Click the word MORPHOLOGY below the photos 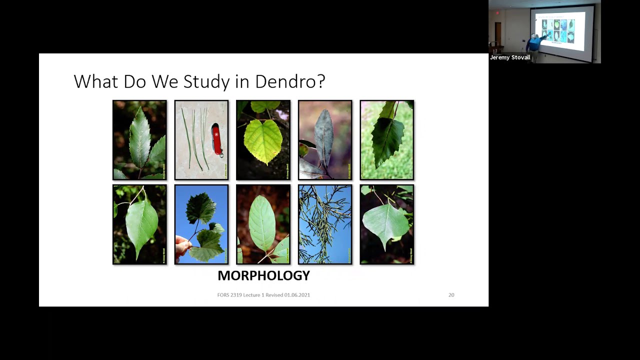[x=263, y=275]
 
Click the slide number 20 [x=451, y=295]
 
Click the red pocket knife [x=216, y=139]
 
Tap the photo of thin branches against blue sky [x=325, y=224]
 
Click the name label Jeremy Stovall [x=510, y=57]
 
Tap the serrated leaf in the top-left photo [x=139, y=137]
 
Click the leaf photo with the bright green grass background [x=386, y=140]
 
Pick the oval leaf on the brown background [x=262, y=223]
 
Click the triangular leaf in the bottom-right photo [x=385, y=223]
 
